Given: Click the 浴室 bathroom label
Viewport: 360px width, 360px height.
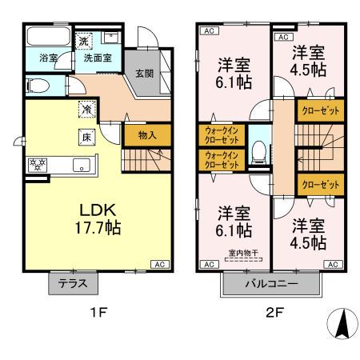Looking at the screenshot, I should click(38, 58).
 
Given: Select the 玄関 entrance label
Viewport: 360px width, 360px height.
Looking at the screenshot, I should click(144, 74).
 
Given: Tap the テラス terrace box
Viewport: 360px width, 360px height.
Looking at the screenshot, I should click(74, 282).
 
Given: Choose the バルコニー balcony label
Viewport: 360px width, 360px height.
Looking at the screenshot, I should click(271, 283).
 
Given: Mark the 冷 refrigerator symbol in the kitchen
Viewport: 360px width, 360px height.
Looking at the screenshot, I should click(85, 109).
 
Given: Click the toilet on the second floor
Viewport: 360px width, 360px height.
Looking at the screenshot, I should click(258, 152).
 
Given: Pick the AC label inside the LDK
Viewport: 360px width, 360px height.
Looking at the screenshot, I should click(158, 263).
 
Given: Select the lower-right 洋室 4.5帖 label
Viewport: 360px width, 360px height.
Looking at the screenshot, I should click(308, 233).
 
